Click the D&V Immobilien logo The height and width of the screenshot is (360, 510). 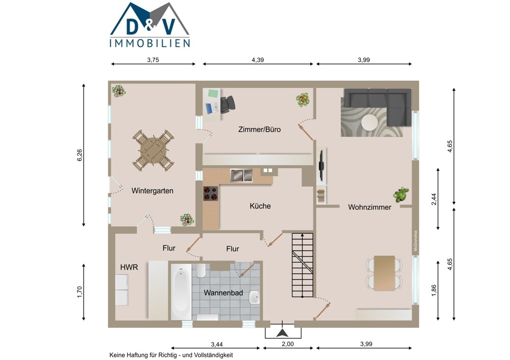click(x=149, y=25)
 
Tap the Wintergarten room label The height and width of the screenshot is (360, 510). click(x=152, y=191)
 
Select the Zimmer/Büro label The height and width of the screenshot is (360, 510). click(x=259, y=130)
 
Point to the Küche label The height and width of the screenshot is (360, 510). click(x=260, y=206)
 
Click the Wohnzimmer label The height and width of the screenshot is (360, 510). click(x=369, y=207)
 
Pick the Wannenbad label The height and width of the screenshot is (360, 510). click(x=223, y=293)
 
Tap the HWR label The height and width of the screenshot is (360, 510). click(x=129, y=267)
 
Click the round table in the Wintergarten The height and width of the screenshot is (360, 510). click(x=153, y=150)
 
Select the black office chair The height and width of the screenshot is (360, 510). click(x=227, y=105)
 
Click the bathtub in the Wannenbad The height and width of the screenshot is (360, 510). click(x=181, y=292)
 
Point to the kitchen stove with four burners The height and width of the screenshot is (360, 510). click(x=211, y=193)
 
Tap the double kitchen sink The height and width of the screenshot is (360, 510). click(x=242, y=175)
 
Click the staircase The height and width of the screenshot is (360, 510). click(x=302, y=265)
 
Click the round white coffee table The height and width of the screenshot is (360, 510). click(x=370, y=122)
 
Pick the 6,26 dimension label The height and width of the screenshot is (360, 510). click(x=80, y=155)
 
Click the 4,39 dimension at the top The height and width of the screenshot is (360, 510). click(x=258, y=60)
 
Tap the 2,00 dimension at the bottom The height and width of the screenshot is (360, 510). click(x=288, y=344)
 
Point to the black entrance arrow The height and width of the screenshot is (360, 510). click(x=283, y=332)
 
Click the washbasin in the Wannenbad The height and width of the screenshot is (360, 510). click(x=254, y=297)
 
